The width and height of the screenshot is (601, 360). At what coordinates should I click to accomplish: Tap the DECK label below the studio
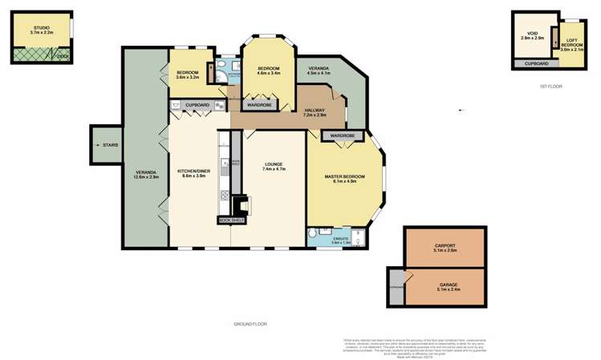click(x=63, y=56)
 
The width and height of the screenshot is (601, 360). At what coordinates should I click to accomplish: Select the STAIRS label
click(x=110, y=144)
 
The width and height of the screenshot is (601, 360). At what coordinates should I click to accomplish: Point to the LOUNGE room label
click(x=274, y=166)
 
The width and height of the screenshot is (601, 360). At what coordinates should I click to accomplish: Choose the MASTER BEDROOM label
click(x=344, y=176)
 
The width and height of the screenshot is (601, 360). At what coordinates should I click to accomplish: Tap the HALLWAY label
click(x=315, y=111)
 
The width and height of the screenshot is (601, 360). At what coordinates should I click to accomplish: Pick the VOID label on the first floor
click(x=532, y=34)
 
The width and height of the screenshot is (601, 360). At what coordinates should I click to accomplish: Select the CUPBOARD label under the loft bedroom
click(x=537, y=63)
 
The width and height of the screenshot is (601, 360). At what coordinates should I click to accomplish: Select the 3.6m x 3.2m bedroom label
click(x=188, y=76)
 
